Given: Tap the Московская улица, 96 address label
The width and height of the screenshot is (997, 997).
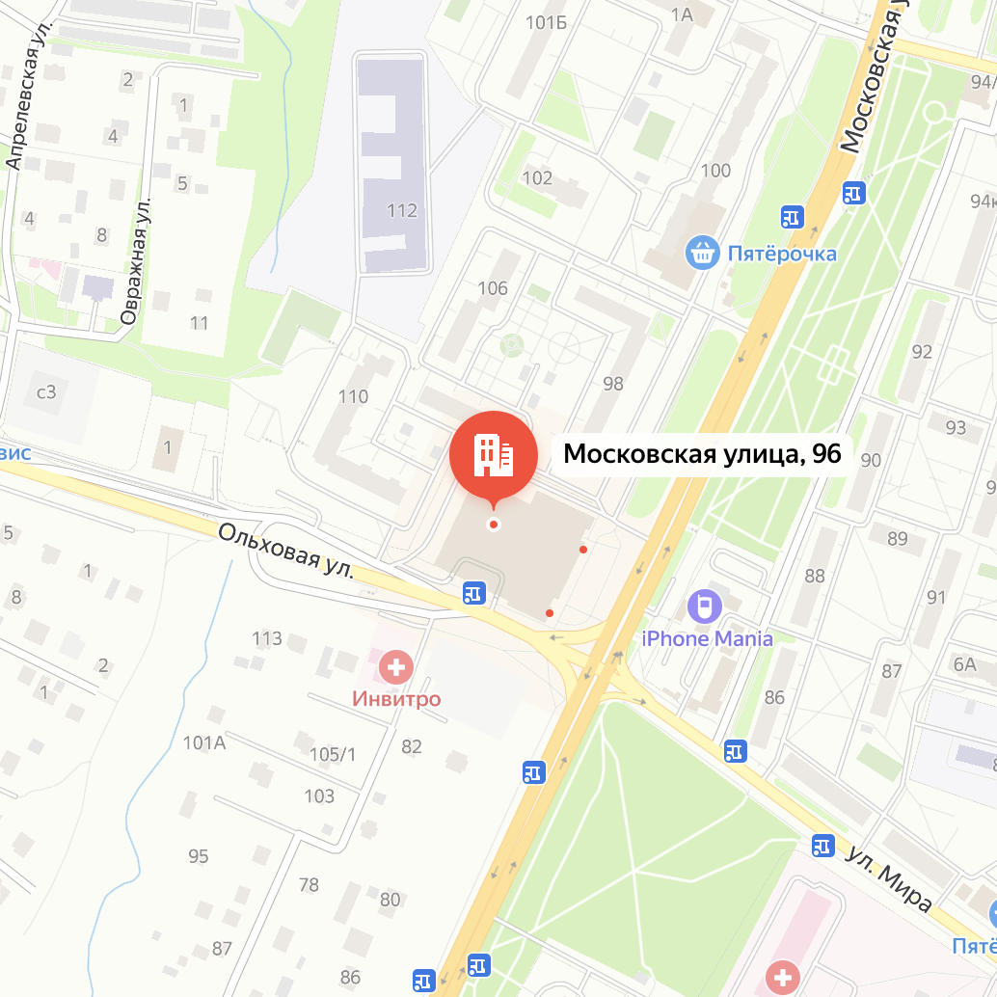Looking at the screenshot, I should (702, 453).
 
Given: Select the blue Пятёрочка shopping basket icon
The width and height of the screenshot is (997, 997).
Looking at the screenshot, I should (703, 254).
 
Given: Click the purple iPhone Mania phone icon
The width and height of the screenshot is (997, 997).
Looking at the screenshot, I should (706, 606).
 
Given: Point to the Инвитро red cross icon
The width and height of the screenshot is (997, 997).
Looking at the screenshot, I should (395, 665).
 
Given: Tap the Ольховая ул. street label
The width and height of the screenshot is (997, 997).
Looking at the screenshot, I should (284, 552).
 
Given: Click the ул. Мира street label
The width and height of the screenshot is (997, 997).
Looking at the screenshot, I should (889, 878).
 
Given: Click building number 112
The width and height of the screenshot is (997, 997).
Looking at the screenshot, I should (401, 210).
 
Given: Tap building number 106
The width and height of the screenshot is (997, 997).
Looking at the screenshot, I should (492, 287).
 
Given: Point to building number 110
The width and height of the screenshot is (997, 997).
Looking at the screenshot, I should (353, 395).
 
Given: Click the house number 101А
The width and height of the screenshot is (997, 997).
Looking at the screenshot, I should (203, 742).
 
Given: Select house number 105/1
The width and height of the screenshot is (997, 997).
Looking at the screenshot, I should (333, 754).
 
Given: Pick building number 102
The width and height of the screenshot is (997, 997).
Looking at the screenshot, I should (536, 177).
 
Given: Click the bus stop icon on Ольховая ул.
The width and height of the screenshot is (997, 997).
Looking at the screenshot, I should (473, 592).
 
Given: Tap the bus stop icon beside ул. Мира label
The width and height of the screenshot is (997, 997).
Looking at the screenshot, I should (822, 845).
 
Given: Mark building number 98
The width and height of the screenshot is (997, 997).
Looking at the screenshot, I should (612, 384).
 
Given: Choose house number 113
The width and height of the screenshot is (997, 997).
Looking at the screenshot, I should (266, 638).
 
